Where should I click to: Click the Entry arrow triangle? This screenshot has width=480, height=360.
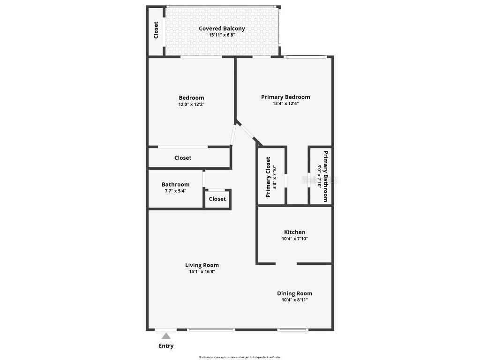166,336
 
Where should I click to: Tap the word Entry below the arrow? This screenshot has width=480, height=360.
166,346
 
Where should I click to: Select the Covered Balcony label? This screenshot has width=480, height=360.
222,29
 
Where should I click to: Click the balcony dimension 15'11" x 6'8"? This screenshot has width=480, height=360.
222,35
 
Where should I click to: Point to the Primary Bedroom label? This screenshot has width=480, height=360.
285,97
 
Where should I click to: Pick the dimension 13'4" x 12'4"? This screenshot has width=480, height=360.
285,104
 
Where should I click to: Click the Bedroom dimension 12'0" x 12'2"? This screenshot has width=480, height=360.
191,105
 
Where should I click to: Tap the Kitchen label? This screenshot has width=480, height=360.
294,232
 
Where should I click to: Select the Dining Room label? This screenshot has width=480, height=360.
294,293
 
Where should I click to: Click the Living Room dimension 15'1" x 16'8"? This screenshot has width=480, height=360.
202,271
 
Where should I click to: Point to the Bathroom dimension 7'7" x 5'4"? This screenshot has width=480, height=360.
175,191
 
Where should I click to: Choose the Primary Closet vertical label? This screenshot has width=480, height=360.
268,177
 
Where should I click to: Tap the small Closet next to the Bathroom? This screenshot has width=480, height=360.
217,199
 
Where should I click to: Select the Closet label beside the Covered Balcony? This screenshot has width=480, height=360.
156,30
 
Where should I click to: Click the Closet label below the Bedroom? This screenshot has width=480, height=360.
183,158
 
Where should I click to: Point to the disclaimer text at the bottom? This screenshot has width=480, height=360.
240,357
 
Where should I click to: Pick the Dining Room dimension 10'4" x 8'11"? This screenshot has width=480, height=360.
294,300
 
